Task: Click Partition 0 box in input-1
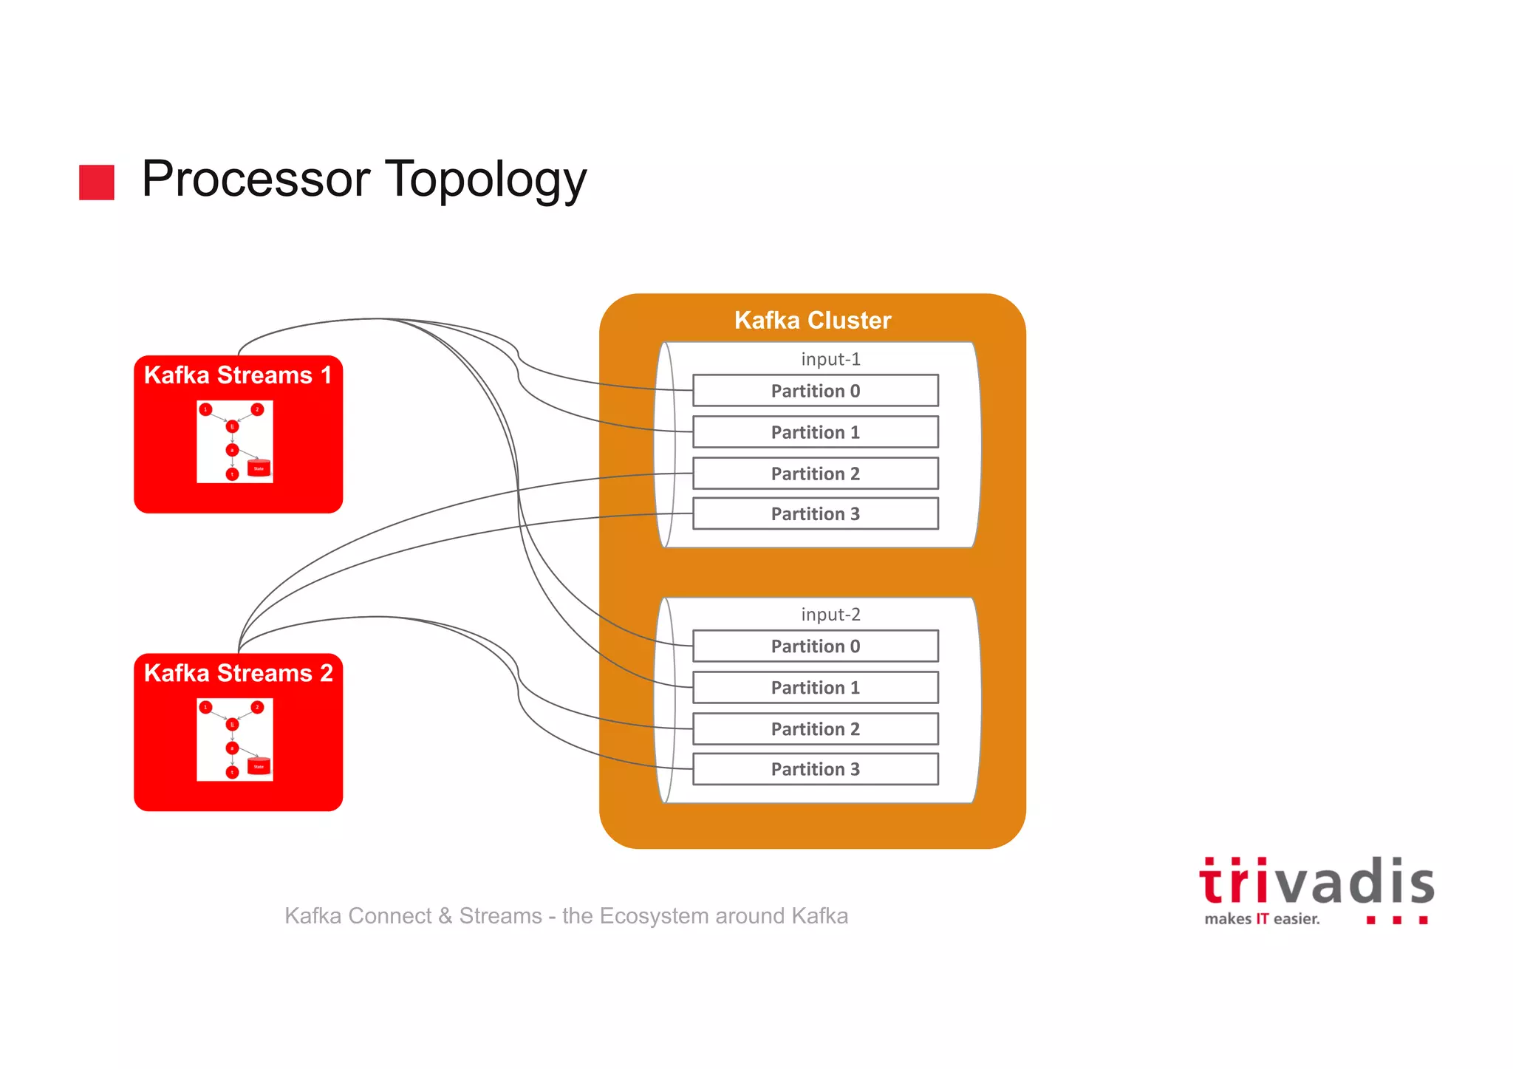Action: pos(815,391)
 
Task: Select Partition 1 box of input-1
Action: pos(815,432)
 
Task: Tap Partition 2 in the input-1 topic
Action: pos(815,474)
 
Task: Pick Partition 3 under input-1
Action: pos(815,514)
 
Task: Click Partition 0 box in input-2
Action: pos(815,646)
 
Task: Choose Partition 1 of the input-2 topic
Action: pos(815,688)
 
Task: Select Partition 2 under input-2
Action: pos(815,729)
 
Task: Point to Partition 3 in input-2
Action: pos(815,770)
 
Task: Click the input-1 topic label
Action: pos(830,359)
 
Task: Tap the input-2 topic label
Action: pos(830,615)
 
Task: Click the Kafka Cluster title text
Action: pos(813,320)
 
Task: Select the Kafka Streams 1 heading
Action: pos(237,375)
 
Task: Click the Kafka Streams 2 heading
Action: pos(238,673)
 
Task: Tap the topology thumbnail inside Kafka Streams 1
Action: pos(235,442)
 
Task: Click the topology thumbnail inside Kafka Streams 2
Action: pos(235,740)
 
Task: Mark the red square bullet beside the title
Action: pos(97,182)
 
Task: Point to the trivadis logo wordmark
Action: pos(1316,882)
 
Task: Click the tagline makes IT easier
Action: pos(1261,919)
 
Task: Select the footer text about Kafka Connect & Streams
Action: pos(566,916)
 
